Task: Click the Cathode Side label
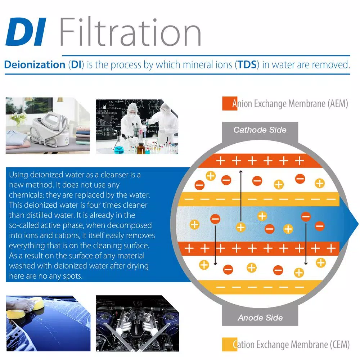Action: [260, 130]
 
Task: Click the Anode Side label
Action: [260, 318]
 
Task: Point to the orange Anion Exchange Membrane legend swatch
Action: [229, 104]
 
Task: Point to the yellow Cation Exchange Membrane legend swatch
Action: [229, 344]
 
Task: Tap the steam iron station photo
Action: [48, 126]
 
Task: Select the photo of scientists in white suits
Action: [137, 126]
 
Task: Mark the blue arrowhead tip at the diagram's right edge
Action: [358, 220]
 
